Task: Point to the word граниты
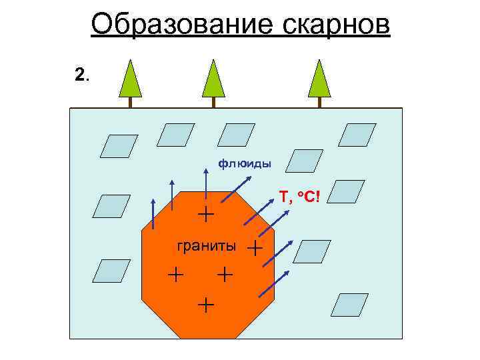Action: [x=206, y=246]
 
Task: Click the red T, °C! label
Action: [x=299, y=197]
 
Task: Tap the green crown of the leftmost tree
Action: [x=131, y=79]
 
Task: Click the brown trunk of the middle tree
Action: [x=213, y=103]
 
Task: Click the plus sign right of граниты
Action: [x=255, y=249]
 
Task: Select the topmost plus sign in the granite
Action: [x=207, y=214]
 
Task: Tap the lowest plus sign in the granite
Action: [x=207, y=305]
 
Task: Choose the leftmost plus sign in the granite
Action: [x=175, y=273]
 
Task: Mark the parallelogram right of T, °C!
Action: [x=347, y=191]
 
